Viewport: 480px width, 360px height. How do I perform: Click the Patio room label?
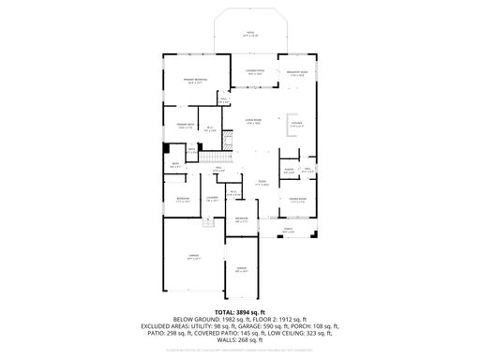(249, 35)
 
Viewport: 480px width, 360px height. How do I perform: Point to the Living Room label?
(252, 123)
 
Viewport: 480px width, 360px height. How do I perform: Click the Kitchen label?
(296, 125)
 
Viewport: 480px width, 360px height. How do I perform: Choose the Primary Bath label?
(185, 126)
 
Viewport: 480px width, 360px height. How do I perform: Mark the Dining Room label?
(297, 199)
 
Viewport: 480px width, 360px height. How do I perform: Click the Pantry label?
(290, 172)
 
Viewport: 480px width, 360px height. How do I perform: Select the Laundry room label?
(211, 198)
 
